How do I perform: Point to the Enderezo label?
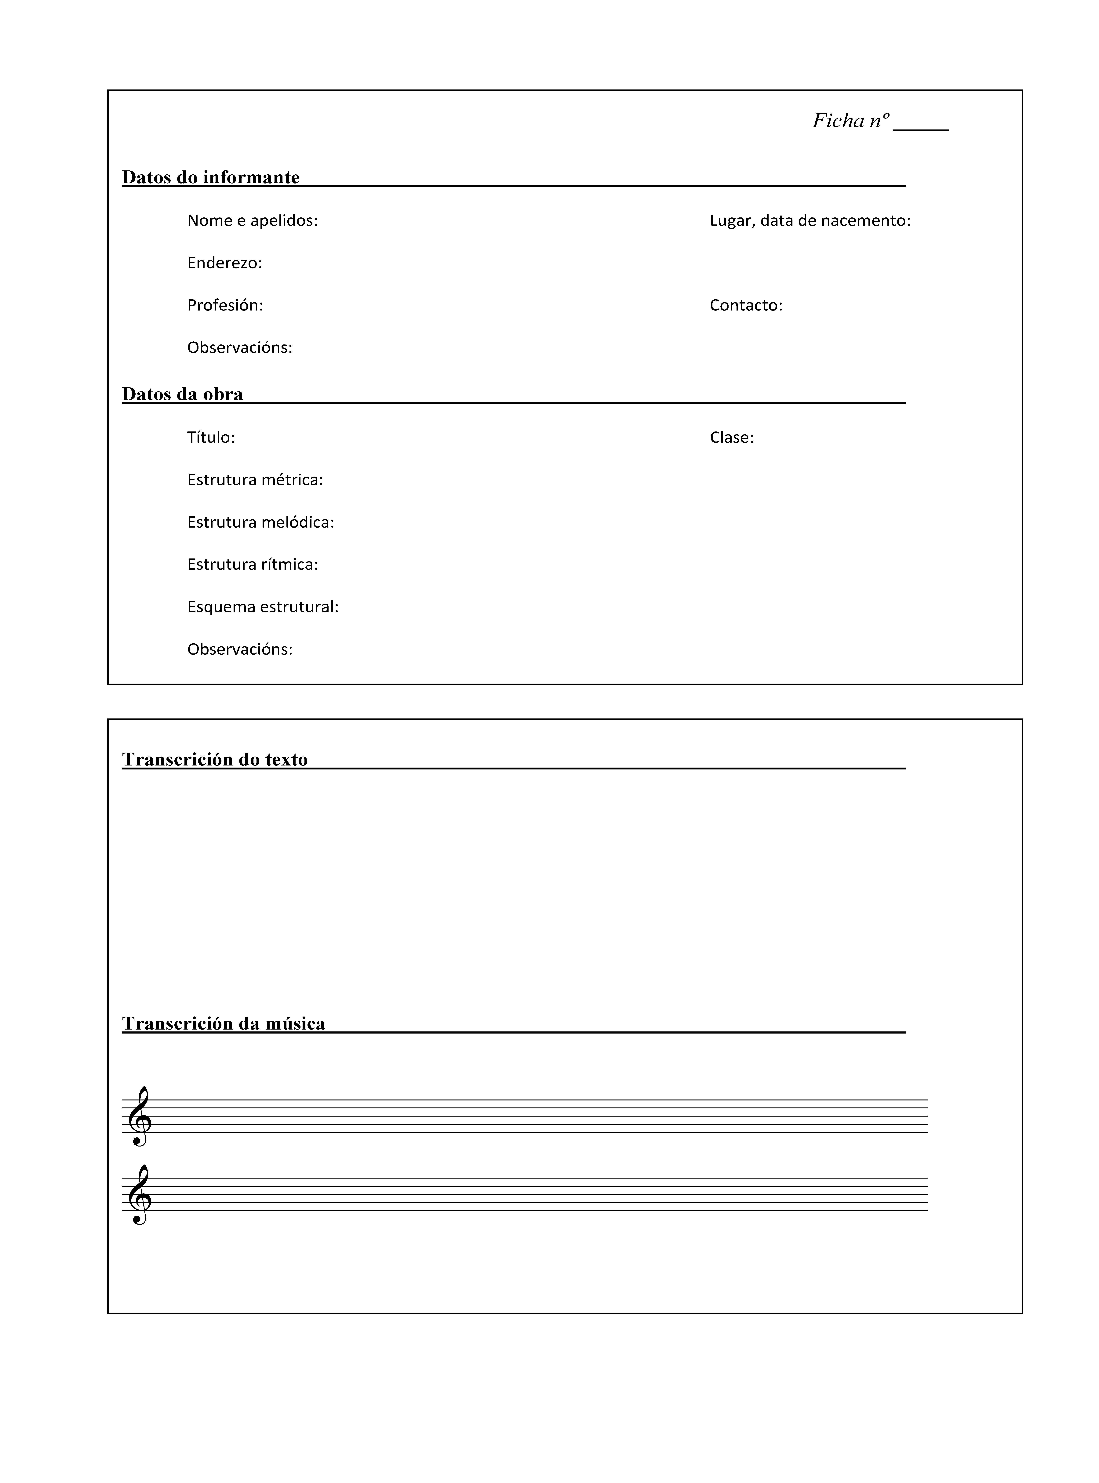pyautogui.click(x=224, y=263)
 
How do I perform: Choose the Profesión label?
pyautogui.click(x=225, y=305)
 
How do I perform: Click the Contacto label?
pyautogui.click(x=746, y=305)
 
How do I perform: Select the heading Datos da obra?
pyautogui.click(x=182, y=394)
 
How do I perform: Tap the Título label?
pyautogui.click(x=211, y=438)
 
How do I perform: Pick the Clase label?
pyautogui.click(x=731, y=438)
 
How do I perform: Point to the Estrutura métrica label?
pyautogui.click(x=255, y=480)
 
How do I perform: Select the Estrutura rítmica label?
pyautogui.click(x=252, y=565)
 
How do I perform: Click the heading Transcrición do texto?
pyautogui.click(x=215, y=759)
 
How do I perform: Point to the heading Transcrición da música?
pyautogui.click(x=224, y=1023)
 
